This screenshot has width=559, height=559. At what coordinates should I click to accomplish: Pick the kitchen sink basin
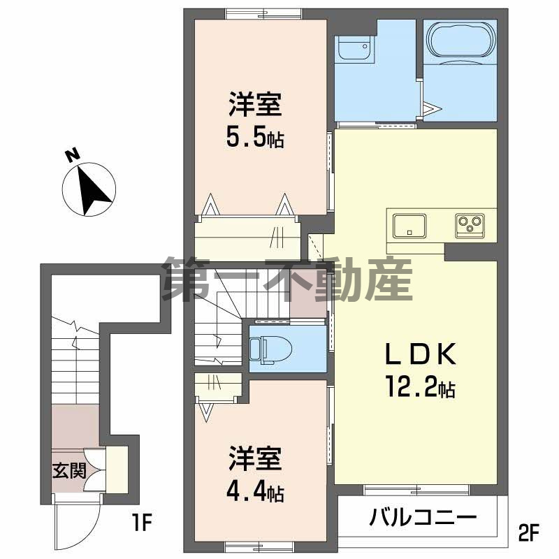pos(409,225)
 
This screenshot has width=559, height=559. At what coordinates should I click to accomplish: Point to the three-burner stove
pos(470,224)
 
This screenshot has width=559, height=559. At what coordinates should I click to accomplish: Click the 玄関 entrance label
pos(68,470)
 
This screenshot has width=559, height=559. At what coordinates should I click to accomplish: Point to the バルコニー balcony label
pos(423,518)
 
